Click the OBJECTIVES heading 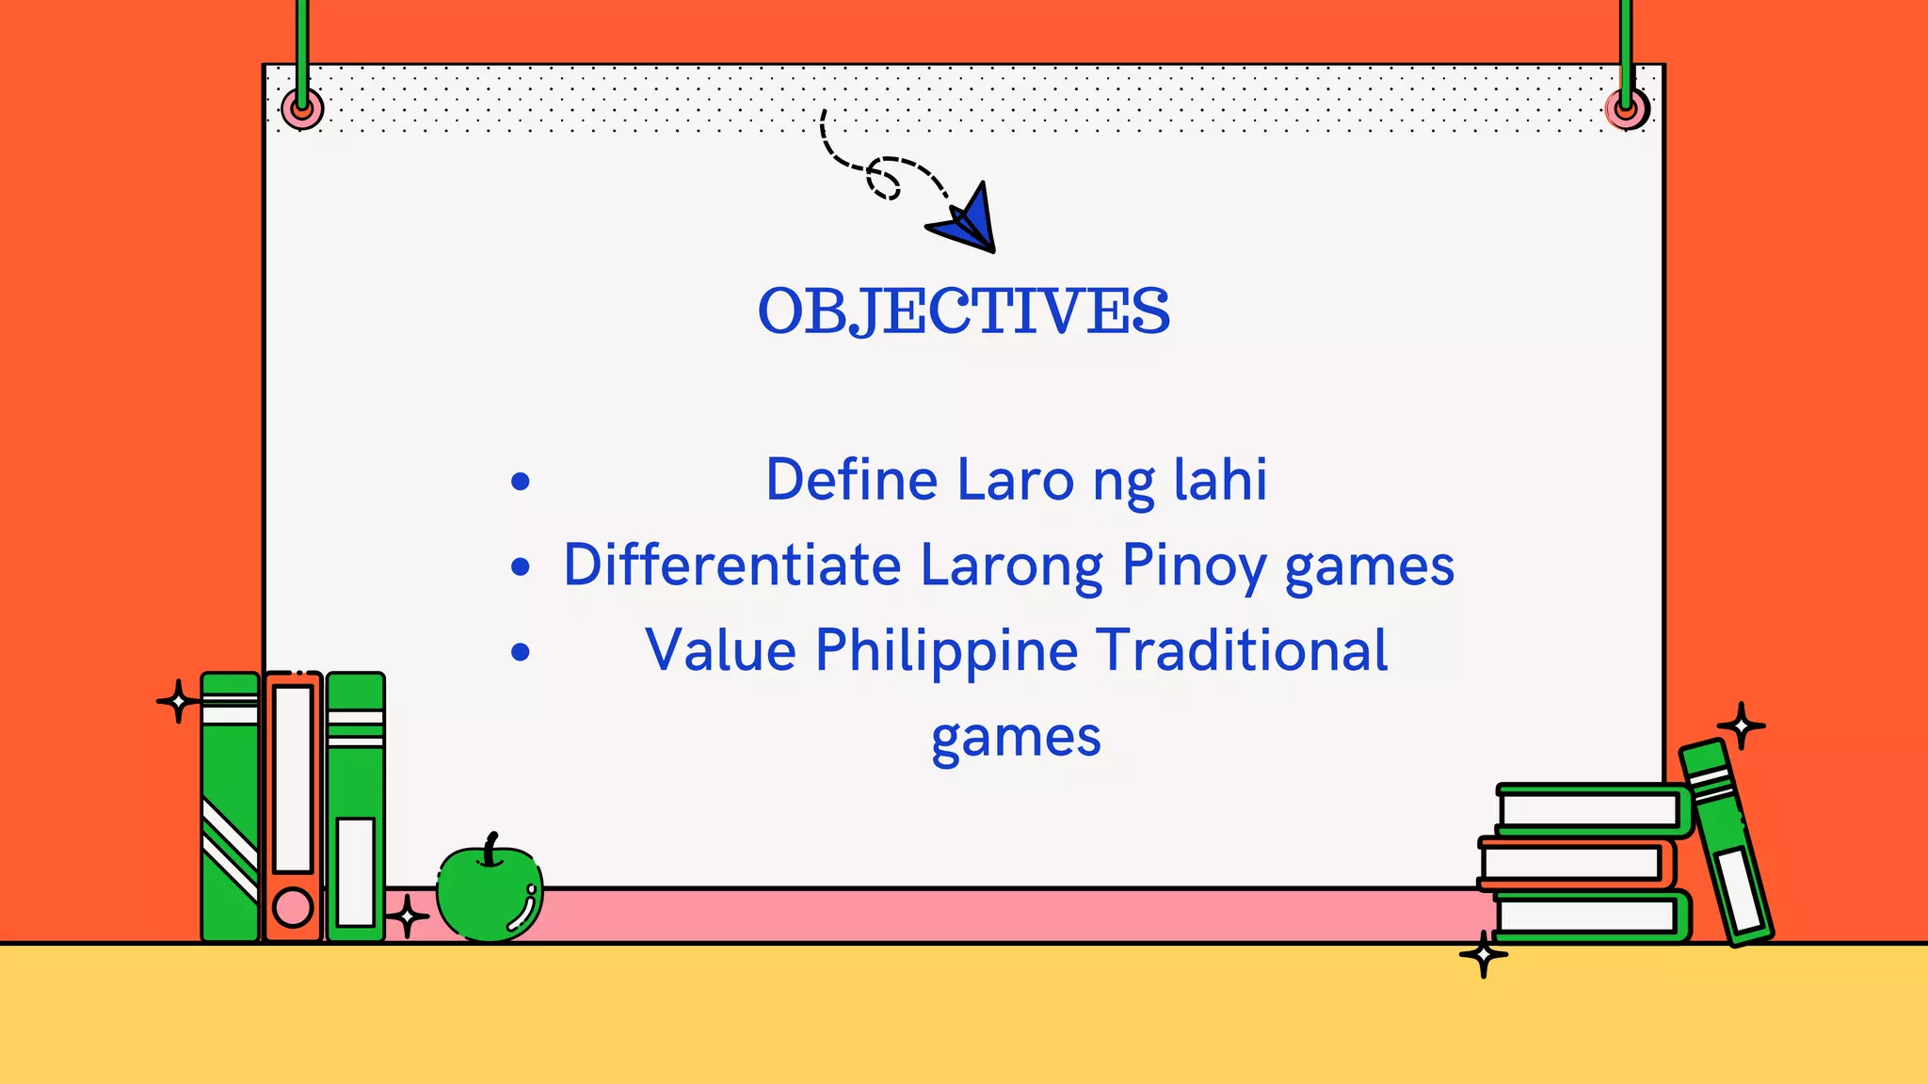964,311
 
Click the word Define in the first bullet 851,480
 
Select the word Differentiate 732,566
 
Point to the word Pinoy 1193,566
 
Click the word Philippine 945,650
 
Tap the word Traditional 1243,650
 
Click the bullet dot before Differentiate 521,567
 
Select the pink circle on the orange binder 292,908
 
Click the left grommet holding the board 302,109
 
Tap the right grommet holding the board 1626,109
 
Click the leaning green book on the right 1727,842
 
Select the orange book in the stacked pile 1574,862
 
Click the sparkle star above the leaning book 1741,725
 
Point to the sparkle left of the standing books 177,701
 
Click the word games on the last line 1016,737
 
